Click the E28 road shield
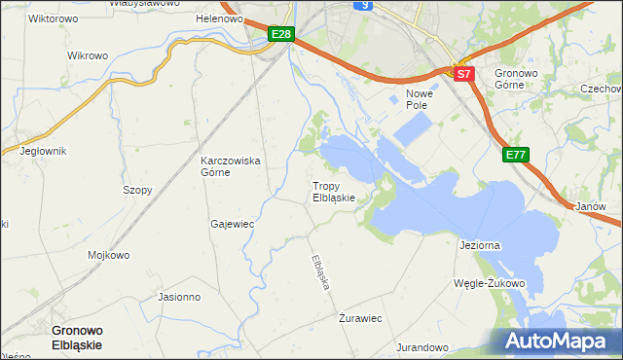click(x=280, y=35)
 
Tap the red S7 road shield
click(x=463, y=74)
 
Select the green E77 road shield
click(x=516, y=155)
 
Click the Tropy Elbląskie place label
click(x=340, y=191)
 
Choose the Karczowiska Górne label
click(x=230, y=166)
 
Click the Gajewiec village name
click(x=232, y=224)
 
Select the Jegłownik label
click(x=43, y=151)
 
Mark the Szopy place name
click(x=137, y=191)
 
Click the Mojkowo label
click(x=109, y=256)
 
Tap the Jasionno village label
click(x=179, y=297)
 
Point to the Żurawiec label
click(x=359, y=318)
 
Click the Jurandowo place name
click(x=421, y=347)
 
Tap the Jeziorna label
click(x=479, y=245)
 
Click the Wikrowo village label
click(x=88, y=55)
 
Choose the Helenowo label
click(x=219, y=18)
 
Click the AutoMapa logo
click(x=561, y=341)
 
